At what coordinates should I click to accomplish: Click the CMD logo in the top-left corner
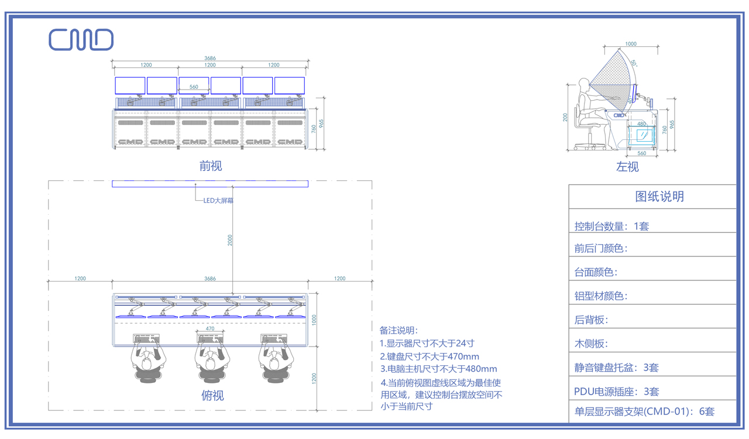[81, 40]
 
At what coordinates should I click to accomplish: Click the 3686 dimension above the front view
[210, 58]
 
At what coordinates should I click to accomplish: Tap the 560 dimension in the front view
[194, 87]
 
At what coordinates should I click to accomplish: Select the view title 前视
[211, 166]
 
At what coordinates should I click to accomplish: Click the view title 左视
[627, 167]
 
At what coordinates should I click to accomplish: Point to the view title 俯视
[212, 396]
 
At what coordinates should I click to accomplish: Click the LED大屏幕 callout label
[219, 201]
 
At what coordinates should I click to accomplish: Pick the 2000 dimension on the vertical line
[231, 240]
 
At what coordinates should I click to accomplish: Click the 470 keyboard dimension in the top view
[210, 329]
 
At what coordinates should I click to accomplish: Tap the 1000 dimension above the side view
[631, 44]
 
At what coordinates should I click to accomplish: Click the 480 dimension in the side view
[641, 124]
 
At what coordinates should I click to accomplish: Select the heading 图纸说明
[659, 197]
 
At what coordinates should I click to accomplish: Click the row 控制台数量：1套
[611, 226]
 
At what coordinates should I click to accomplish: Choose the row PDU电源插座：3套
[617, 391]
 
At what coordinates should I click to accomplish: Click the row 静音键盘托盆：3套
[617, 368]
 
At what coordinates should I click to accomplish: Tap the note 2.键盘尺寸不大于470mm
[430, 356]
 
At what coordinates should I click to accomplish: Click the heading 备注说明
[399, 331]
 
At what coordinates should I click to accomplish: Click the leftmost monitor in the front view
[130, 85]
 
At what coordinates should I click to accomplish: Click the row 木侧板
[591, 344]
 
